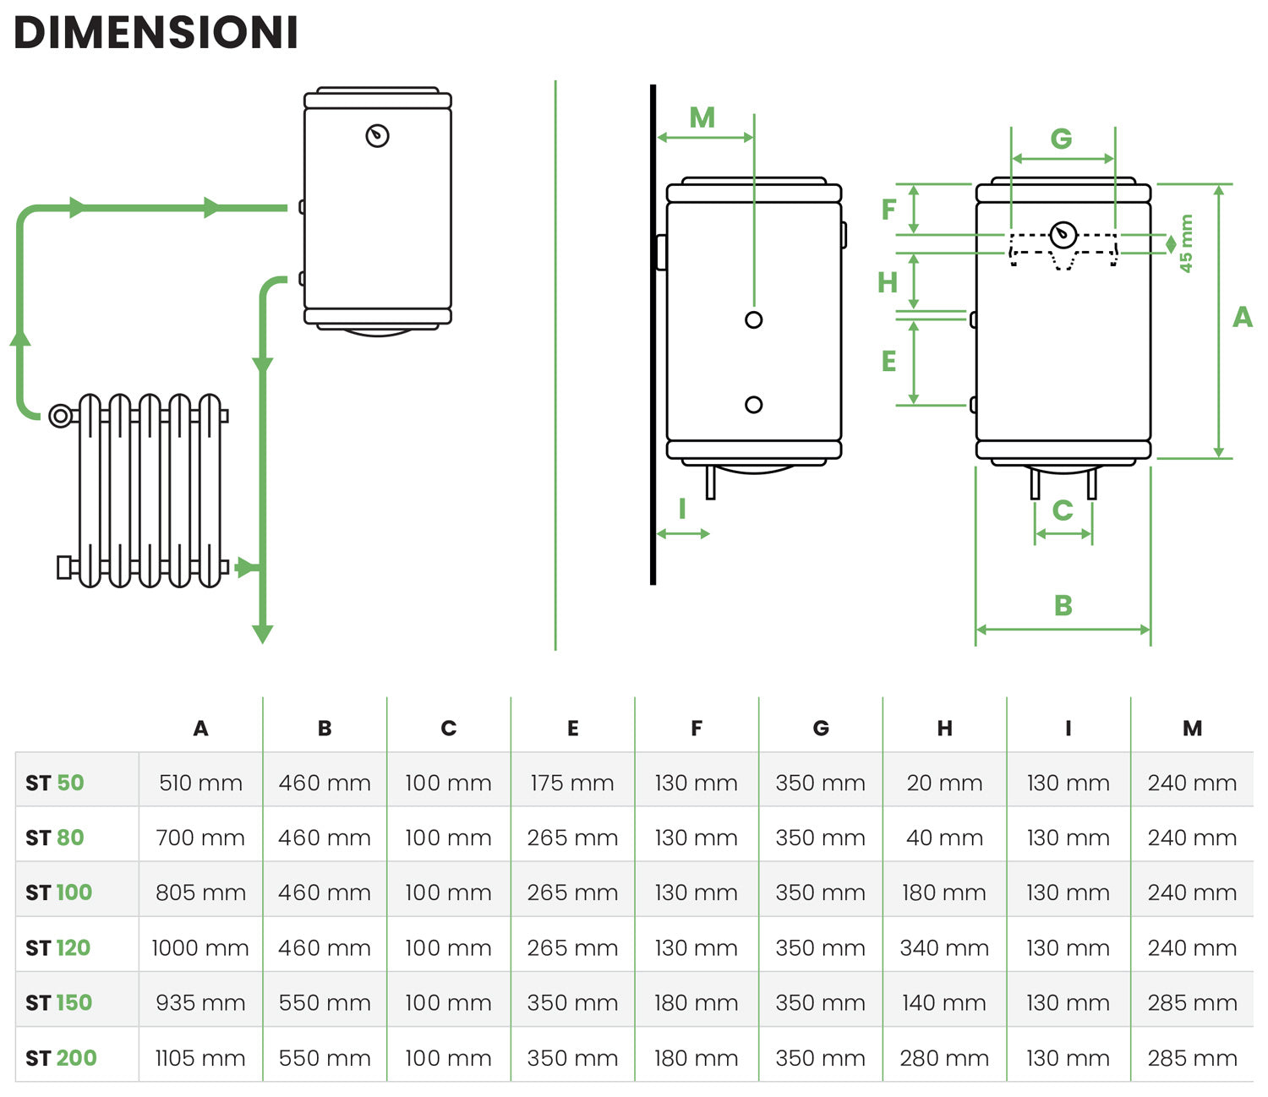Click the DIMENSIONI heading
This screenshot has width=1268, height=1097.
[x=156, y=34]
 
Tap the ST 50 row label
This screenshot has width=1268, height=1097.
[x=55, y=783]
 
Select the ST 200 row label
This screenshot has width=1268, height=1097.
[x=61, y=1057]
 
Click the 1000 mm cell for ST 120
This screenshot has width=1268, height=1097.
[x=200, y=947]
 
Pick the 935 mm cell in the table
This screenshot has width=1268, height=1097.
[x=200, y=1002]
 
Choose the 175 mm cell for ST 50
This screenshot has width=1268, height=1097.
[x=572, y=783]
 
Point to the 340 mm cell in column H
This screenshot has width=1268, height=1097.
[x=944, y=947]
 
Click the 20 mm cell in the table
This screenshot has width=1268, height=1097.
[x=944, y=783]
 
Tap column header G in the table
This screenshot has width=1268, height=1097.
[x=821, y=728]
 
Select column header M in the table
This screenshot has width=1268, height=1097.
[x=1192, y=728]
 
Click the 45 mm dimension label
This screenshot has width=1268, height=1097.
[x=1186, y=243]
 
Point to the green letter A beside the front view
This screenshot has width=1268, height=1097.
[x=1242, y=317]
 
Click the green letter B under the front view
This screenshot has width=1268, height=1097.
[x=1063, y=605]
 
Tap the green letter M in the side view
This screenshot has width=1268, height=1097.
[x=702, y=117]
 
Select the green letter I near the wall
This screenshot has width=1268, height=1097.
[x=681, y=509]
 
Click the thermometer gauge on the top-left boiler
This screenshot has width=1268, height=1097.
[x=377, y=135]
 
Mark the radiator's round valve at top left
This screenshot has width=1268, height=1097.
[x=60, y=416]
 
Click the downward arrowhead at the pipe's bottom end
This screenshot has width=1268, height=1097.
[x=262, y=633]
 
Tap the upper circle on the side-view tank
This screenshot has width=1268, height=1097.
[x=754, y=319]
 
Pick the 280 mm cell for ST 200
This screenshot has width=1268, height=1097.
[x=944, y=1057]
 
